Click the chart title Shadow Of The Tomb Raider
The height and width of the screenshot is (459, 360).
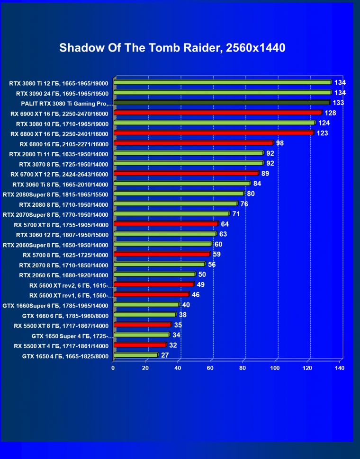172,48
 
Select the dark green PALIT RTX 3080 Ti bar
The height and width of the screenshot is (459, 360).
222,103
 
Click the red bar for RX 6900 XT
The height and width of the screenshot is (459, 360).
218,113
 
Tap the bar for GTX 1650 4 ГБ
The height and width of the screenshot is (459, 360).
136,355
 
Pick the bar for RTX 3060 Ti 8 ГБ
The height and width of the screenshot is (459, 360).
182,184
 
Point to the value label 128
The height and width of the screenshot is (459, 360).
330,113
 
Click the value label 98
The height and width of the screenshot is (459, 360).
280,143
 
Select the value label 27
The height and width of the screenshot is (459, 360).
165,354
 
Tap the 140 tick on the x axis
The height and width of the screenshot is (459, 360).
339,368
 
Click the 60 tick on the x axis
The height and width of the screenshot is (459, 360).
210,368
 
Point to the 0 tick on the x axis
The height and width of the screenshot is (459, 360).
113,368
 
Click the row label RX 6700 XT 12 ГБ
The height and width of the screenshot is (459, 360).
59,174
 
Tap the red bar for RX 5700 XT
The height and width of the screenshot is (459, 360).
166,224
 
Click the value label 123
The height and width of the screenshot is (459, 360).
322,133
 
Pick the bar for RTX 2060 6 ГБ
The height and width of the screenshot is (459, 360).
154,274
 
